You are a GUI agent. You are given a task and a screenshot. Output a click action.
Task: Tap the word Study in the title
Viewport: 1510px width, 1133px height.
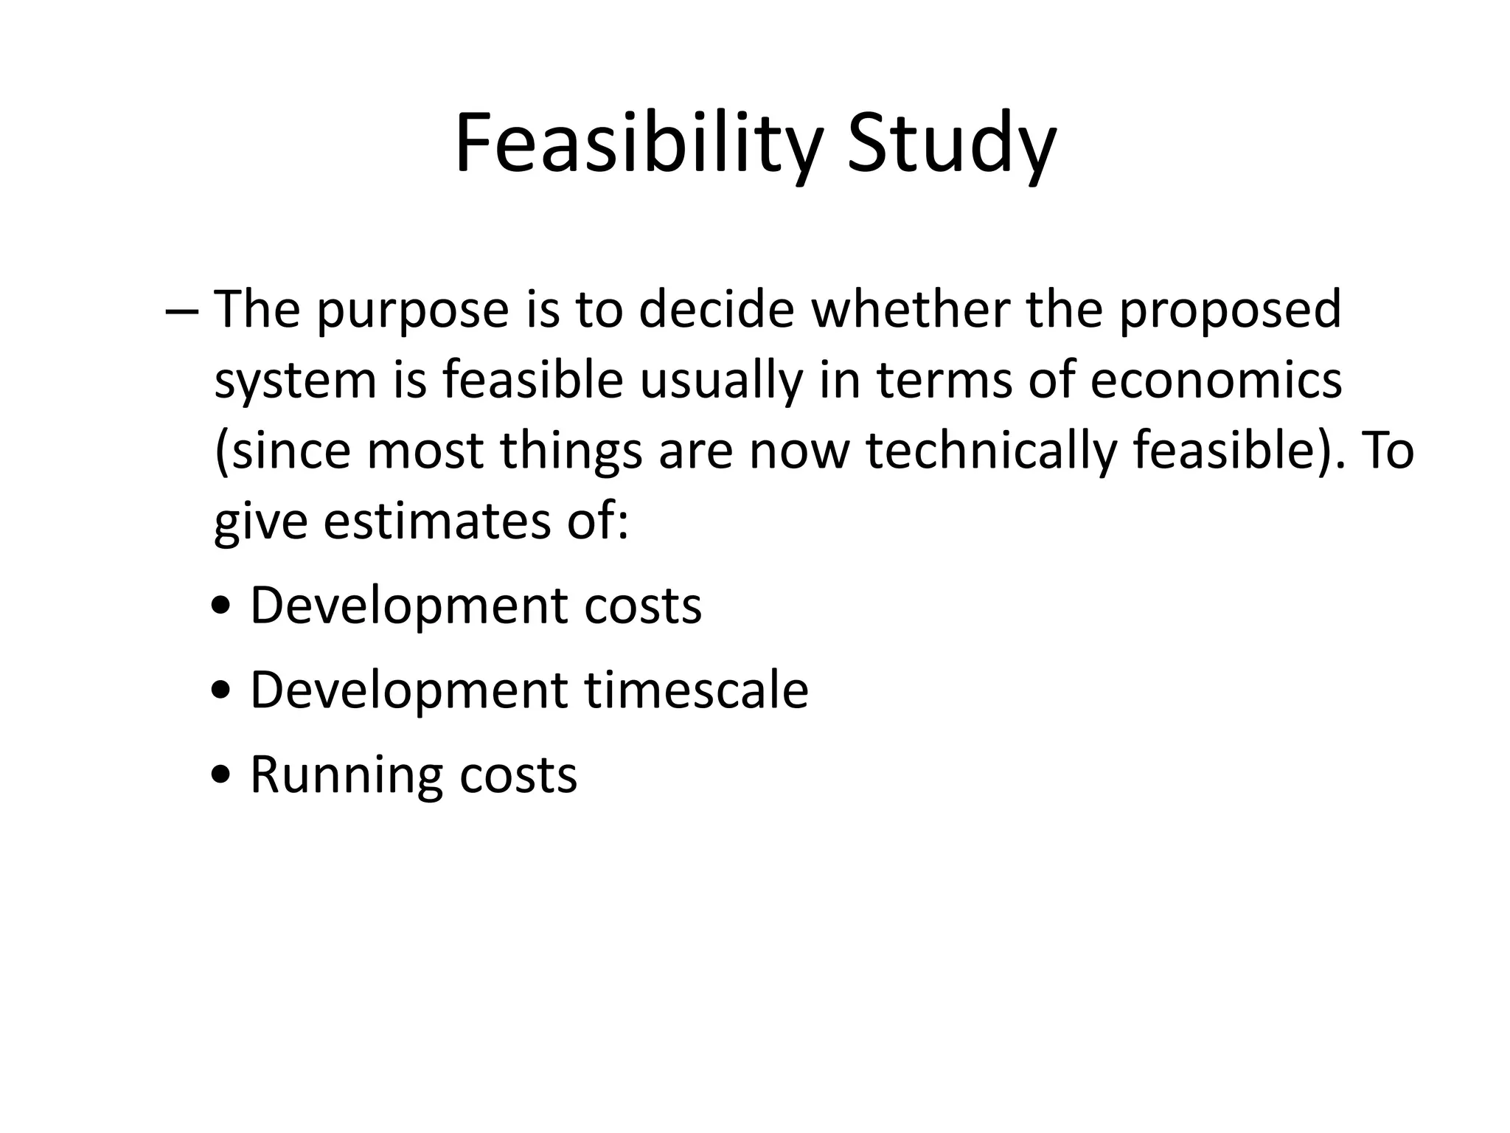coord(952,144)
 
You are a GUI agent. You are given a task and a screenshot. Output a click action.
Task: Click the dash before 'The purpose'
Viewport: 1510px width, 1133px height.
coord(182,311)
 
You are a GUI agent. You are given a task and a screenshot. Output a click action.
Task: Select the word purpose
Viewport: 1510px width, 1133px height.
coord(413,311)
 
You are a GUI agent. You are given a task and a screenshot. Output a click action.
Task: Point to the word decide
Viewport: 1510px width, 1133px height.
coord(716,309)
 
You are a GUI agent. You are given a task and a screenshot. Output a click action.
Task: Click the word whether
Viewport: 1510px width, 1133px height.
coord(910,309)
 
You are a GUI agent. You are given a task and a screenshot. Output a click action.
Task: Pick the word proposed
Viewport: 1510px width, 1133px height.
coord(1229,311)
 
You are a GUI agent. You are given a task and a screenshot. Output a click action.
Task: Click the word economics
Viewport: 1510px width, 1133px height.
coord(1216,381)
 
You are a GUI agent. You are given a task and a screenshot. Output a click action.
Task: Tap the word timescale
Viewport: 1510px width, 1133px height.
coord(697,690)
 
